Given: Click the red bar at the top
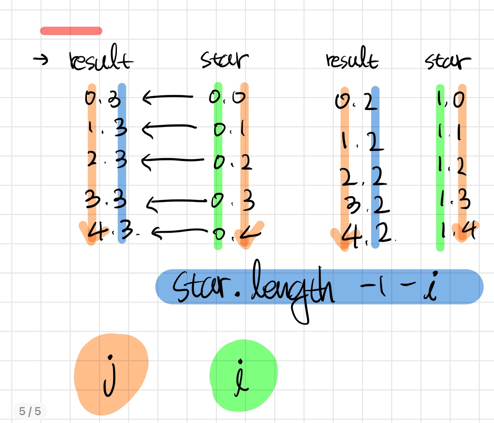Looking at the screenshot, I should (x=71, y=31).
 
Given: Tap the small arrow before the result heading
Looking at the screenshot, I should (x=41, y=59).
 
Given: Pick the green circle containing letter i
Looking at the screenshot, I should (x=243, y=376).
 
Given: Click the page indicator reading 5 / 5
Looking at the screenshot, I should (x=30, y=411).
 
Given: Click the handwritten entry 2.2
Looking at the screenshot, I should (x=363, y=177).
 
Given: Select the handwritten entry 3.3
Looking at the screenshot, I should (x=106, y=200).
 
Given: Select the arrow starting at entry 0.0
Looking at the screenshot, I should (x=167, y=97).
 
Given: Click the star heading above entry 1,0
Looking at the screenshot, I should (x=448, y=61).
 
